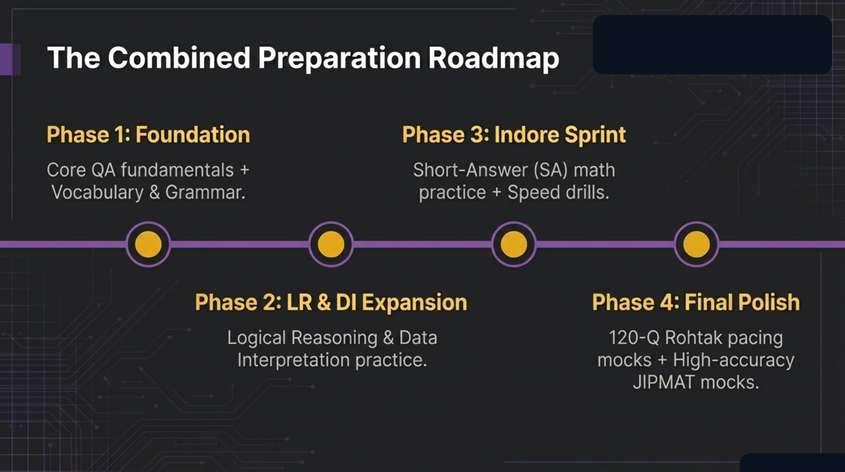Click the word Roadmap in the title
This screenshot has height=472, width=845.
point(493,58)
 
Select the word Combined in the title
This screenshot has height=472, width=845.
point(179,58)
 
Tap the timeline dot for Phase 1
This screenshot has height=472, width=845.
point(148,244)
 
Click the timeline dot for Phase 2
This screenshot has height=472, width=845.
point(331,244)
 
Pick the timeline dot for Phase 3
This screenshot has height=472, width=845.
point(514,244)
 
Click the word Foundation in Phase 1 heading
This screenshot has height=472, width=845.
point(193,135)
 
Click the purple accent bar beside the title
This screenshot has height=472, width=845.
point(10,59)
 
